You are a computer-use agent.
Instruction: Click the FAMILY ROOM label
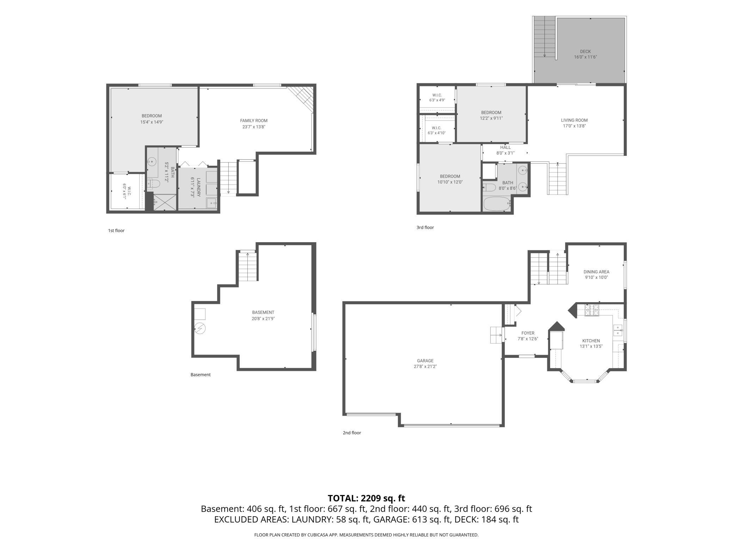pyautogui.click(x=254, y=121)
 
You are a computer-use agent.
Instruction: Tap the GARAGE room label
pyautogui.click(x=425, y=361)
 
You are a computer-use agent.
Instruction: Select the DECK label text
pyautogui.click(x=585, y=51)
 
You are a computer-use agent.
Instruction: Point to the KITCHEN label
pyautogui.click(x=591, y=341)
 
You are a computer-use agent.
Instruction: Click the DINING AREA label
pyautogui.click(x=596, y=272)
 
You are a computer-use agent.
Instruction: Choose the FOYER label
pyautogui.click(x=528, y=333)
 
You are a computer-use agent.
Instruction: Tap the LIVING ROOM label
pyautogui.click(x=574, y=120)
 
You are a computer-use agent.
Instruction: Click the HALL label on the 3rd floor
pyautogui.click(x=505, y=147)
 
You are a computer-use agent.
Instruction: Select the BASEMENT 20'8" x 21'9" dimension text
pyautogui.click(x=263, y=318)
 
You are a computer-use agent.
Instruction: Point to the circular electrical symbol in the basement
pyautogui.click(x=200, y=329)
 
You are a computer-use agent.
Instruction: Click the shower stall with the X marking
pyautogui.click(x=165, y=202)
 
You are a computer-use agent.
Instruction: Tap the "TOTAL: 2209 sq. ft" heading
pyautogui.click(x=366, y=498)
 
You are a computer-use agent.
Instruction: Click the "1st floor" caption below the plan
pyautogui.click(x=116, y=231)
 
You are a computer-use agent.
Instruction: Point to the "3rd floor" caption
pyautogui.click(x=425, y=227)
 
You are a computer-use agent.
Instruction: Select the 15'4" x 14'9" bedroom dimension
pyautogui.click(x=152, y=122)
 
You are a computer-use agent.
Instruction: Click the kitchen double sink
pyautogui.click(x=618, y=330)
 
